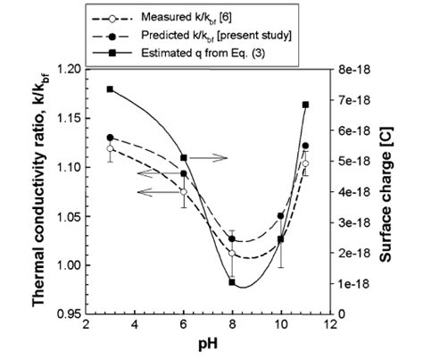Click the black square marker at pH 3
[110, 89]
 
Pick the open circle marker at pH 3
[110, 148]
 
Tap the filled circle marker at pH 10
[281, 216]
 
